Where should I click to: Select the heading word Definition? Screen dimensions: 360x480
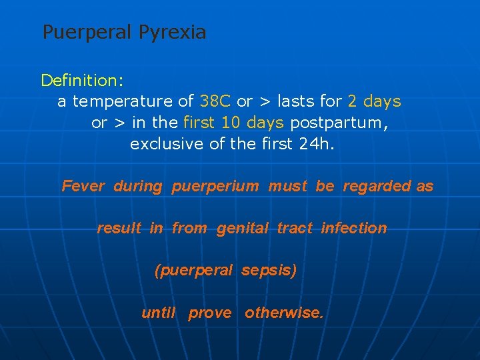pos(82,81)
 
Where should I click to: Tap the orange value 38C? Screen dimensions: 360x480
pos(215,101)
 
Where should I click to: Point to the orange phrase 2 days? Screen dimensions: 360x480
pos(374,101)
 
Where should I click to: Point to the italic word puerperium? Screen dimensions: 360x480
pos(215,186)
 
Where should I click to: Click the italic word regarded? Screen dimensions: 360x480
pos(377,186)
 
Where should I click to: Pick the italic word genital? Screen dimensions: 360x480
pos(242,228)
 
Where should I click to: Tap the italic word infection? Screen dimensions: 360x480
pos(353,228)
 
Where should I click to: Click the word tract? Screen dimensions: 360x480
pos(295,228)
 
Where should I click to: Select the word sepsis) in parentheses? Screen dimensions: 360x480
pos(269,270)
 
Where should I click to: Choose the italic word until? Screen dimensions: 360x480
pos(159,313)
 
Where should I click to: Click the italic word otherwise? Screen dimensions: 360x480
pos(283,313)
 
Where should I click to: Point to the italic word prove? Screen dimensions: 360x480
pos(210,313)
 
